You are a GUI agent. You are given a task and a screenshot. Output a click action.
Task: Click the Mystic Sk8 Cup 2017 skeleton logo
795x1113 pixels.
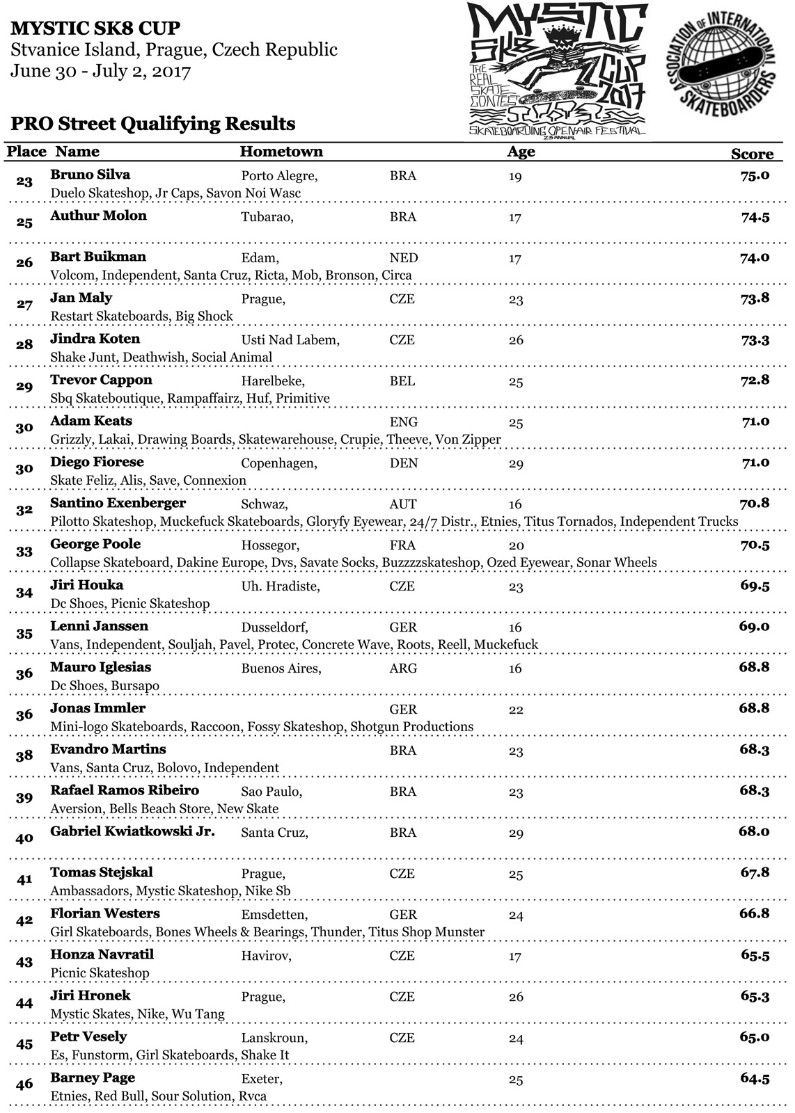click(557, 70)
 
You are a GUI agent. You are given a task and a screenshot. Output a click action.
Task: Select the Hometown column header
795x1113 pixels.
click(281, 152)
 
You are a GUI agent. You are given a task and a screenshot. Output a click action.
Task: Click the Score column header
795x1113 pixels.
click(752, 154)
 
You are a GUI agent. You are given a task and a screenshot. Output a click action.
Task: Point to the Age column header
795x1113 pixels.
click(521, 152)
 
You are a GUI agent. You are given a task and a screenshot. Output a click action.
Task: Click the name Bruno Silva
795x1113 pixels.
click(90, 175)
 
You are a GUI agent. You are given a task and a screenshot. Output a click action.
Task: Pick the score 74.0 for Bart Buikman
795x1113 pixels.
click(755, 257)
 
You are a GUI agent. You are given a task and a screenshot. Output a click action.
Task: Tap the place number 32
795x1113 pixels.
click(24, 510)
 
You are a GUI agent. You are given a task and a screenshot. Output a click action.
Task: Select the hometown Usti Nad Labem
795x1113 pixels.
click(290, 340)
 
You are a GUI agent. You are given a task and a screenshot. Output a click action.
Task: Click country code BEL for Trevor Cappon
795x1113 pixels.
click(402, 381)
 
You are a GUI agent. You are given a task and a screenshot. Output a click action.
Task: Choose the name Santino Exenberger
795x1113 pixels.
click(118, 503)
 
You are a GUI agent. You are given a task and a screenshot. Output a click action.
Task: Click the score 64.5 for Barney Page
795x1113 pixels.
click(755, 1078)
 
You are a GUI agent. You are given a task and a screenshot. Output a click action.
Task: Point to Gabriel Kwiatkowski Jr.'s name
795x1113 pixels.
click(132, 831)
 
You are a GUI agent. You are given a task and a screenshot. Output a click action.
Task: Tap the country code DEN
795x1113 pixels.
click(404, 463)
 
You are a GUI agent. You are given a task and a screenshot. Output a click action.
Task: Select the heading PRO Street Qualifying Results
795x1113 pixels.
click(153, 124)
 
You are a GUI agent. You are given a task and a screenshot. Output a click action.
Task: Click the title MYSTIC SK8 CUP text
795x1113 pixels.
click(95, 29)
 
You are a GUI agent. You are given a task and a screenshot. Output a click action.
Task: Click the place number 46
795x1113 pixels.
click(24, 1084)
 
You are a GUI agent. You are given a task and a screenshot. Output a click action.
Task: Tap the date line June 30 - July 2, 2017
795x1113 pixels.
click(100, 72)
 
